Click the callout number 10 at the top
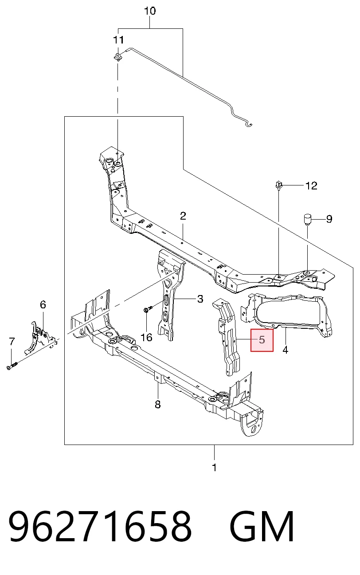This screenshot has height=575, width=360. pos(150,11)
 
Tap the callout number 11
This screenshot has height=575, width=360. pos(118,40)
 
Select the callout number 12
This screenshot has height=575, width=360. pos(311,185)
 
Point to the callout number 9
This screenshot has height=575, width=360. pos(329,219)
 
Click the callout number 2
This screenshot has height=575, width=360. pos(183,216)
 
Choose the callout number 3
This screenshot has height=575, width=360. pos(200,299)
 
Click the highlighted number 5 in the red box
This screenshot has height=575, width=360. pos(262,339)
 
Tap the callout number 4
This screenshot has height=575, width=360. pos(286,350)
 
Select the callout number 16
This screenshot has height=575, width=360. pos(146,337)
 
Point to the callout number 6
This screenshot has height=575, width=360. pos(43,304)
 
